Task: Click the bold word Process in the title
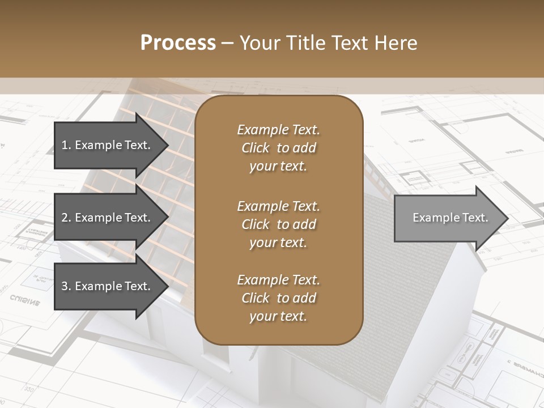point(178,43)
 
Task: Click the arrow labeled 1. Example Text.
point(108,145)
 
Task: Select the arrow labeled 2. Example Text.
point(108,218)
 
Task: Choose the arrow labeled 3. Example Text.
point(108,286)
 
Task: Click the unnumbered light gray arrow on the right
point(448,218)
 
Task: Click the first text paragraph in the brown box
point(278,148)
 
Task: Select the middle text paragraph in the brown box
point(278,224)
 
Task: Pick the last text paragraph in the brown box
point(278,298)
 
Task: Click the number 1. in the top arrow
point(66,145)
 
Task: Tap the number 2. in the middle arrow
point(66,218)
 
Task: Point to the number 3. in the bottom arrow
point(66,286)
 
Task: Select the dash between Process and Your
point(228,43)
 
